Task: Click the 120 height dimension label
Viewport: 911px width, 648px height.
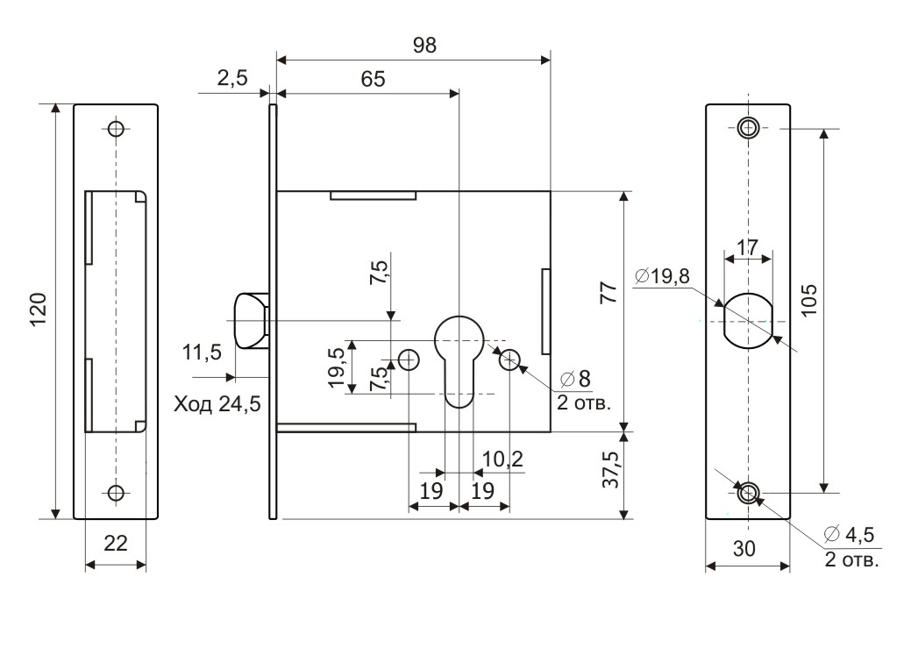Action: click(x=39, y=310)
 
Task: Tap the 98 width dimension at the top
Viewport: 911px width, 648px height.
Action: click(x=424, y=46)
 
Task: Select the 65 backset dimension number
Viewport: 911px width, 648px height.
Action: click(x=373, y=79)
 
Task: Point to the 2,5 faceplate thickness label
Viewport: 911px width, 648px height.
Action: click(x=232, y=78)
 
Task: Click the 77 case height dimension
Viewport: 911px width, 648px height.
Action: click(x=609, y=293)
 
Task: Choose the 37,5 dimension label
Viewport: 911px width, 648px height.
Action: click(x=610, y=468)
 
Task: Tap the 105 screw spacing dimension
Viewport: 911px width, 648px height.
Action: click(x=808, y=300)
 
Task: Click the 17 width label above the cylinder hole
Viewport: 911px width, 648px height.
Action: click(x=747, y=247)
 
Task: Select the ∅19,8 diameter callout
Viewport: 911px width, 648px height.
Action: click(x=662, y=276)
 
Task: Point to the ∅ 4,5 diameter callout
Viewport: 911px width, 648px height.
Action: click(x=849, y=534)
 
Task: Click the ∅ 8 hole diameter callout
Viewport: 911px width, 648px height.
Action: click(x=575, y=379)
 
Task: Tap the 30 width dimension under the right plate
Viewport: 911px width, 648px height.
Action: click(x=744, y=549)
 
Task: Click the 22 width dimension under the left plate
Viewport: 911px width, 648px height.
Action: click(x=116, y=544)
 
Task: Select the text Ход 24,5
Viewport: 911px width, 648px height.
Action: click(x=217, y=404)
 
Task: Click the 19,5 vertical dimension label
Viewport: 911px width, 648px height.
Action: click(x=337, y=368)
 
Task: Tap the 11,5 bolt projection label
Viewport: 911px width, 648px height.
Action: click(x=203, y=352)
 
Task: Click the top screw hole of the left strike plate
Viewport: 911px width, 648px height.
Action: click(x=117, y=128)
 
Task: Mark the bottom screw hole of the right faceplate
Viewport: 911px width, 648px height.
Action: click(x=748, y=494)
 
